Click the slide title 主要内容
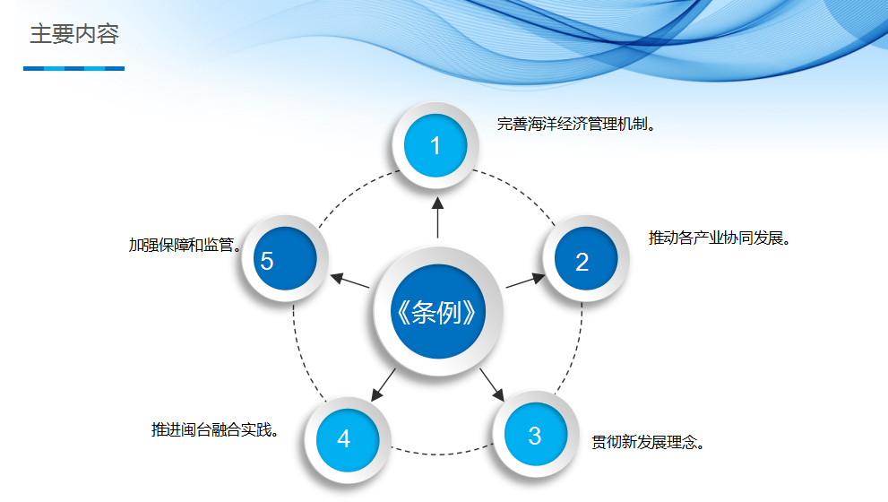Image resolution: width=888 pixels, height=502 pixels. (x=74, y=34)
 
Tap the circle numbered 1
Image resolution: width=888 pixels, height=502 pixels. (x=435, y=145)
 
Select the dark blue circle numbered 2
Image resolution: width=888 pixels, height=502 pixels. (x=586, y=258)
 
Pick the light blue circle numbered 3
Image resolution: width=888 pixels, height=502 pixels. (x=536, y=434)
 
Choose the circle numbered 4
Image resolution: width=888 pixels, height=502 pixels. (x=347, y=439)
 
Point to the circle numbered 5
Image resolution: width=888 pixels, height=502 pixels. (x=285, y=258)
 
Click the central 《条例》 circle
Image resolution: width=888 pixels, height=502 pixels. (x=438, y=311)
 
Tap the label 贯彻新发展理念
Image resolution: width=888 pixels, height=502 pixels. (x=648, y=442)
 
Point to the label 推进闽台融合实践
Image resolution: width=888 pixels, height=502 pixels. (x=215, y=430)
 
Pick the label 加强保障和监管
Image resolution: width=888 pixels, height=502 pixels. (x=185, y=245)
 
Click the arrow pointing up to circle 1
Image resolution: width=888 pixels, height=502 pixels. (x=438, y=218)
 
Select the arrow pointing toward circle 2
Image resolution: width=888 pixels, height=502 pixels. (x=526, y=281)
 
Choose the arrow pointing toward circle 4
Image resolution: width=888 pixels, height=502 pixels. (x=383, y=385)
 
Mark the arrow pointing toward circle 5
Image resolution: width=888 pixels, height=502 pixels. (x=349, y=281)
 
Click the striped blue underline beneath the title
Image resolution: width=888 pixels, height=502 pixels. (x=73, y=68)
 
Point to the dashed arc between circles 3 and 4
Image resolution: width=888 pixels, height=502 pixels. (x=441, y=454)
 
